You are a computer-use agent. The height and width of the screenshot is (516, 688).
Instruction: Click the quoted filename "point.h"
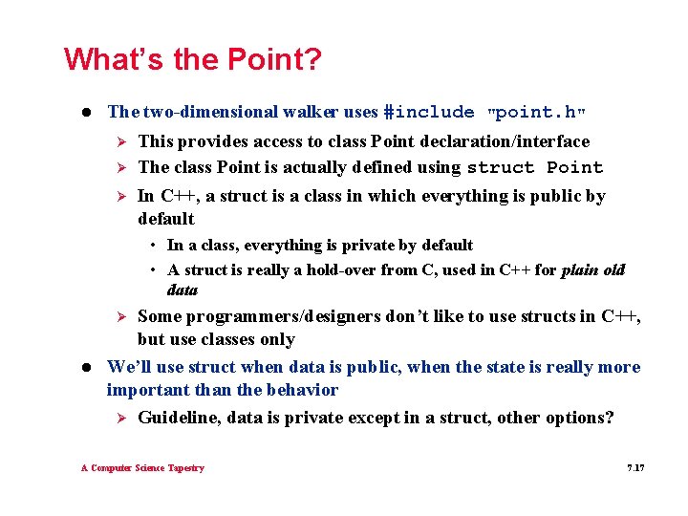click(536, 112)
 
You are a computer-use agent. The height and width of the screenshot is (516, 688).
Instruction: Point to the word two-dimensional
click(202, 112)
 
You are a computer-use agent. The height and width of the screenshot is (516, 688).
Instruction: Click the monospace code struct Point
click(535, 168)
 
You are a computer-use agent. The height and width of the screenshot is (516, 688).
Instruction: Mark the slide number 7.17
click(635, 468)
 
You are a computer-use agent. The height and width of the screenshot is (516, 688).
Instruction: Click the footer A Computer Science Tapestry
click(142, 468)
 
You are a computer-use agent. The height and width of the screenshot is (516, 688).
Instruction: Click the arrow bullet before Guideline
click(121, 418)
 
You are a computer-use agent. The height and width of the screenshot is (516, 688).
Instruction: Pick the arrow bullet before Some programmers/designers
click(121, 317)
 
